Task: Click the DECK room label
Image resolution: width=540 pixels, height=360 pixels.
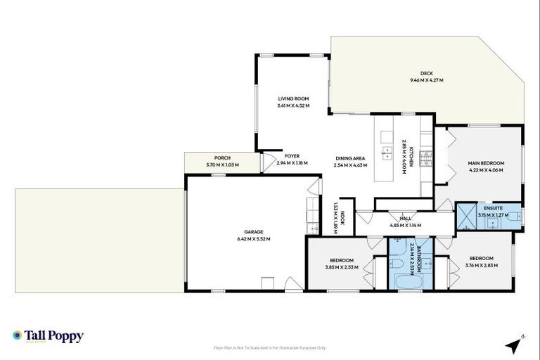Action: (426, 73)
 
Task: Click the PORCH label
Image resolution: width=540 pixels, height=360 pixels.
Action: (222, 157)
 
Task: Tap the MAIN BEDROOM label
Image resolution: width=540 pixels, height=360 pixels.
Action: (486, 163)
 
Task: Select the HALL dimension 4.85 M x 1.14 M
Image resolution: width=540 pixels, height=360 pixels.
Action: (405, 225)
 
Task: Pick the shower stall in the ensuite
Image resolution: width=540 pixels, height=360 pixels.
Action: (465, 217)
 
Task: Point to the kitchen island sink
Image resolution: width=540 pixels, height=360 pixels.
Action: (387, 151)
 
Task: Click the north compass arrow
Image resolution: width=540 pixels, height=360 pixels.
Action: (517, 344)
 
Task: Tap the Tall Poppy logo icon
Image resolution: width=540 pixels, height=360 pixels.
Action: (18, 336)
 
